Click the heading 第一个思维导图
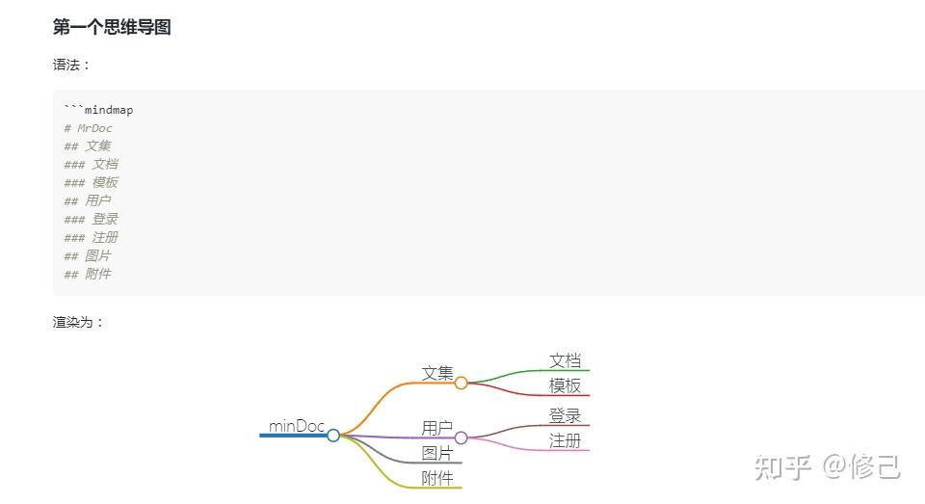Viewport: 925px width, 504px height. click(112, 28)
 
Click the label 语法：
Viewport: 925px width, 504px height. click(72, 66)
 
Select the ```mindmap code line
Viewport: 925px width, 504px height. click(98, 110)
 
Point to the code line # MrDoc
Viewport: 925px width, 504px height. click(88, 128)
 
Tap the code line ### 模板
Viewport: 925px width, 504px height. click(91, 183)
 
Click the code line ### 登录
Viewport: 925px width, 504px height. click(91, 219)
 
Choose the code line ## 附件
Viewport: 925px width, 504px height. click(87, 274)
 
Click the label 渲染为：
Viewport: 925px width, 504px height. click(78, 322)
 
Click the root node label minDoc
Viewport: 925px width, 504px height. click(297, 426)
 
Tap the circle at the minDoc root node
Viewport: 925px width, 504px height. click(333, 436)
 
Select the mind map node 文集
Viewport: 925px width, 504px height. click(437, 373)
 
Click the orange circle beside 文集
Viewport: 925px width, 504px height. click(462, 383)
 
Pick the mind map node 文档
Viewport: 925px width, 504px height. click(566, 361)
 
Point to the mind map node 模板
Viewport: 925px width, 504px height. click(566, 386)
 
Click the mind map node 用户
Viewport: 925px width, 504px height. click(437, 428)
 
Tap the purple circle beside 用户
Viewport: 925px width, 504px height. click(462, 438)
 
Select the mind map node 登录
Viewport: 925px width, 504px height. click(566, 416)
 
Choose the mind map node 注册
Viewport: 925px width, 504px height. click(566, 441)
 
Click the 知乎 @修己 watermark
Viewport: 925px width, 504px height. click(828, 466)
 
